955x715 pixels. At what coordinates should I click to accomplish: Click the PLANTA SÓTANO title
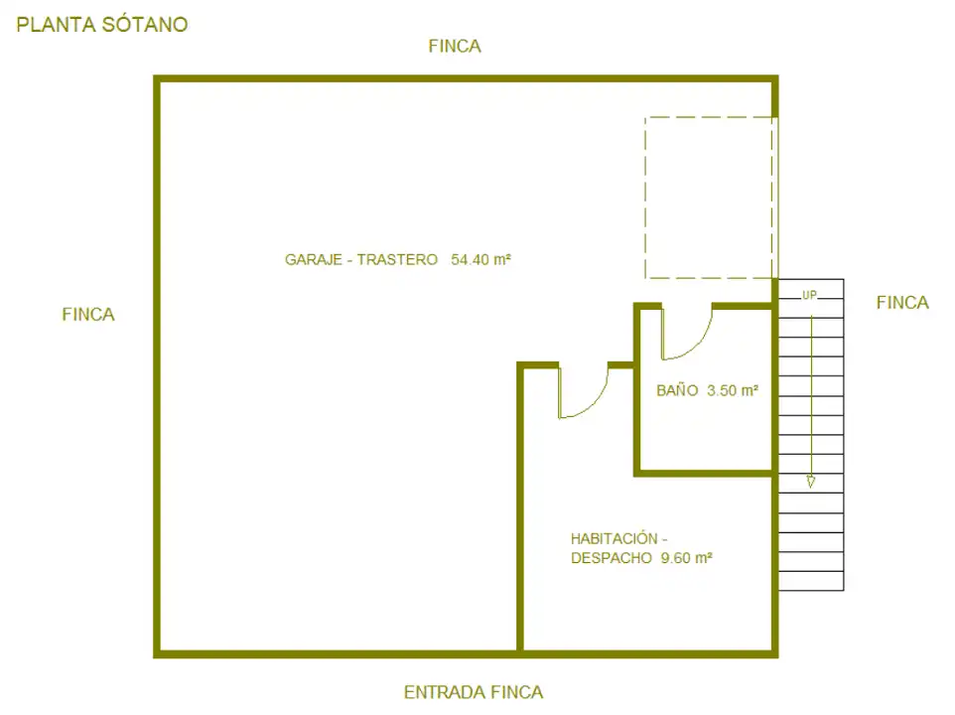101,25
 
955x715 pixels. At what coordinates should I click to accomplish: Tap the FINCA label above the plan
455,46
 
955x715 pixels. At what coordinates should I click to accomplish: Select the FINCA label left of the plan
88,314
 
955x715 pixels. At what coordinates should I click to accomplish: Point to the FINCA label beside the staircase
902,303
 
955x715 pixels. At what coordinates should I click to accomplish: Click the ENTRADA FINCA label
474,692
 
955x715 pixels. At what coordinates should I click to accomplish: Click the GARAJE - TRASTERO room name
361,259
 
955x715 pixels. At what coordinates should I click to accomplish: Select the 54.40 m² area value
480,259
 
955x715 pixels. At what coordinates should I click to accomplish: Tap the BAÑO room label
677,390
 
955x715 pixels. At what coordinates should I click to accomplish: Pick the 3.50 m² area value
732,390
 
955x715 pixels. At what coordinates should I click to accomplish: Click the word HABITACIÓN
614,538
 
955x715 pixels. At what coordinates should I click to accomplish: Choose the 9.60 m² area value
686,557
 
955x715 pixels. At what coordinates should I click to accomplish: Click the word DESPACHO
611,557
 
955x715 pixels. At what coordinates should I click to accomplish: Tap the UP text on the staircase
809,295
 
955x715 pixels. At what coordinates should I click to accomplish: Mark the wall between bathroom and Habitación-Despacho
705,473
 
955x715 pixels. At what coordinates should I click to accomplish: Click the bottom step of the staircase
811,581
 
